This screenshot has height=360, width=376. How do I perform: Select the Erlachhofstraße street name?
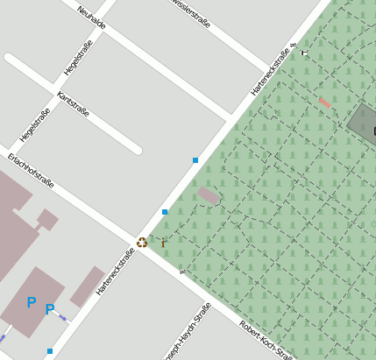click(x=31, y=170)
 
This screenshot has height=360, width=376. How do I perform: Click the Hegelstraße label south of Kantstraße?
click(x=34, y=125)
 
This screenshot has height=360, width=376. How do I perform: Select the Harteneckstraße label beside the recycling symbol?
click(x=116, y=270)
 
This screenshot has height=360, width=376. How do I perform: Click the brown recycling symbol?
click(x=141, y=243)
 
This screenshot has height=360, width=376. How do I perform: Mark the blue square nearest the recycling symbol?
click(x=164, y=212)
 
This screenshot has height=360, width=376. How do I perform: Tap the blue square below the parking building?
click(x=50, y=351)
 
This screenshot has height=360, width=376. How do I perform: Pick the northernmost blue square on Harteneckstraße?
click(x=195, y=160)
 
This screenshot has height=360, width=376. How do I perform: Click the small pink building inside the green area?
click(x=208, y=195)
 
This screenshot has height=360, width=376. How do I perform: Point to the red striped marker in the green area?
click(x=324, y=102)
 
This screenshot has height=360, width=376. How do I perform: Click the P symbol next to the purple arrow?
click(x=50, y=309)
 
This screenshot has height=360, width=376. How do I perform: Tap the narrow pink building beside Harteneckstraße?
click(x=87, y=286)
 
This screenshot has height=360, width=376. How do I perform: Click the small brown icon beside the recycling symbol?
click(x=163, y=242)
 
